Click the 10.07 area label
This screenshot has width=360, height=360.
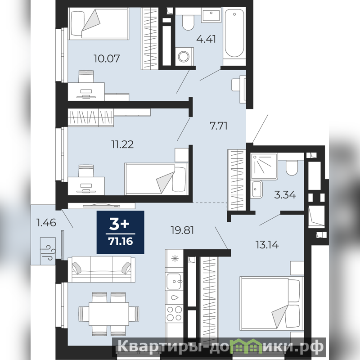107,58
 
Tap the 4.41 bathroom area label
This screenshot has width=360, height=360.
206,39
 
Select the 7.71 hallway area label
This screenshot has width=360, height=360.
218,126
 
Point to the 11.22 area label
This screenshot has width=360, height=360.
122,144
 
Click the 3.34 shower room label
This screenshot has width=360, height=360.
285,195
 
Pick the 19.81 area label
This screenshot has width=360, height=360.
183,230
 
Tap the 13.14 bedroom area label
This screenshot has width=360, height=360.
267,245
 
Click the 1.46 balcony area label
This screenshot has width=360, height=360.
46,222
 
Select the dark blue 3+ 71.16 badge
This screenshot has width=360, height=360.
120,232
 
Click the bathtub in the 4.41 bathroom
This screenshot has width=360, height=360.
234,32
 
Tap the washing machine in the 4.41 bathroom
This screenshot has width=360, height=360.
184,56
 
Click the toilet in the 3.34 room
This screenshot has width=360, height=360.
292,167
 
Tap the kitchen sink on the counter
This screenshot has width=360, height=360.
174,282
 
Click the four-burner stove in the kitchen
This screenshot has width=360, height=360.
174,313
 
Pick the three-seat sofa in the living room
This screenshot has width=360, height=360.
103,269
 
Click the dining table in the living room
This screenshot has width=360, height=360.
109,314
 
